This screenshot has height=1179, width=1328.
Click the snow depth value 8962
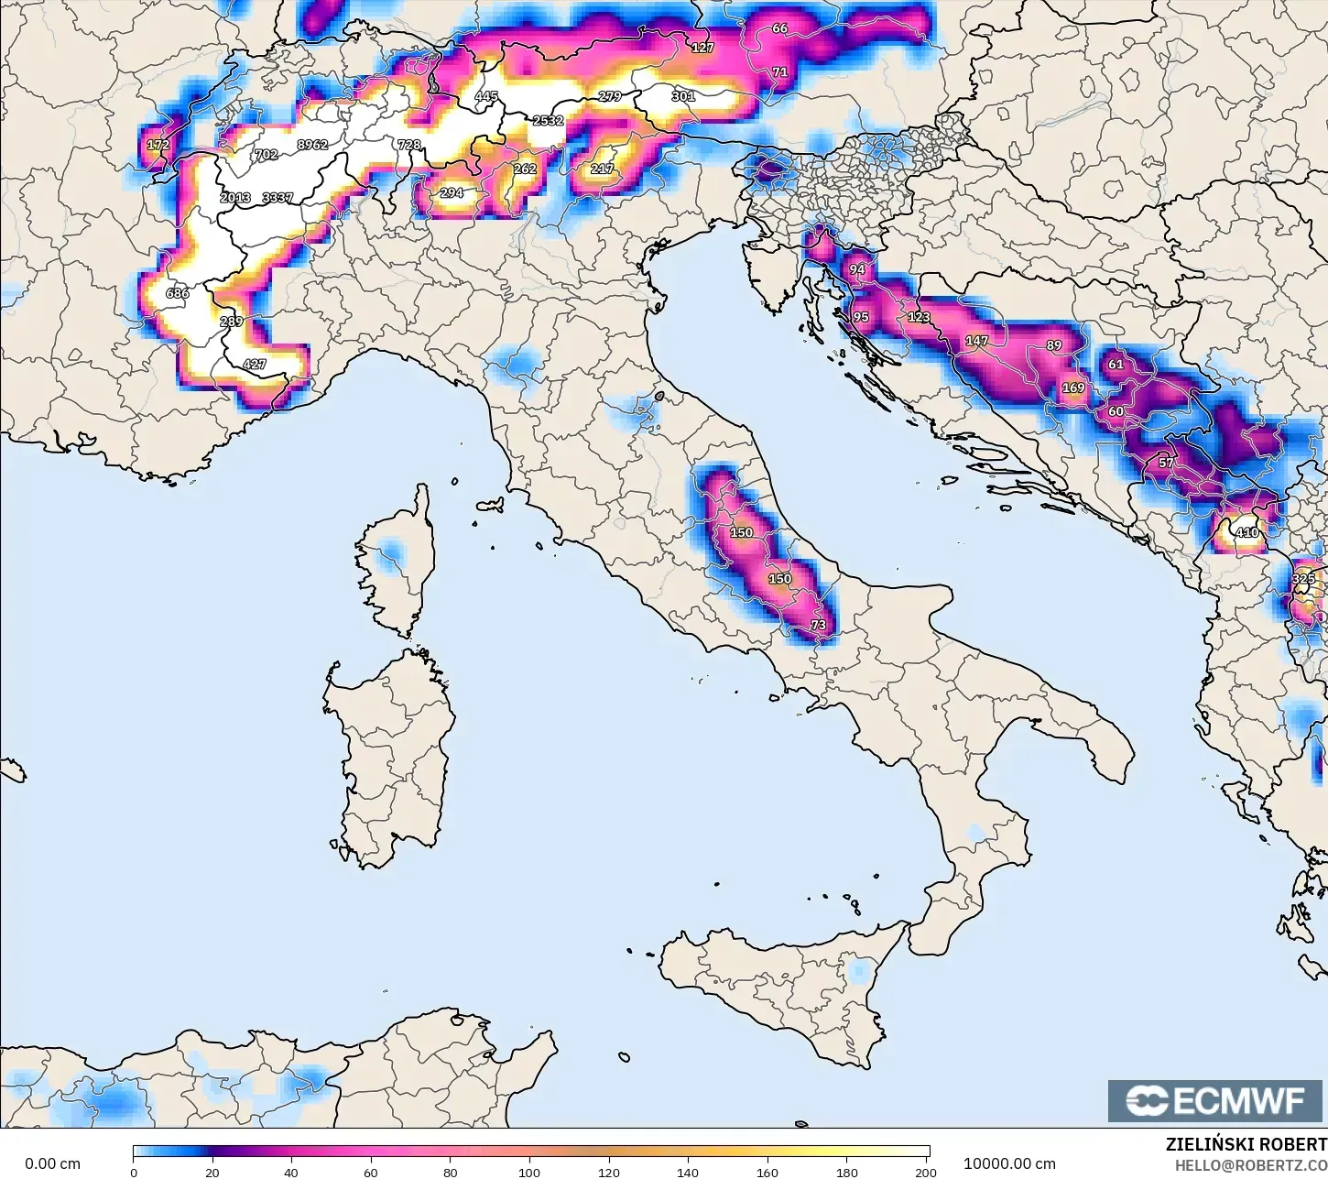click(312, 145)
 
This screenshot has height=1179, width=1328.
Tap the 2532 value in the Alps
click(548, 121)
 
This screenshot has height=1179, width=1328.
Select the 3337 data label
click(278, 198)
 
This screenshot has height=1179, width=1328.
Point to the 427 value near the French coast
click(254, 365)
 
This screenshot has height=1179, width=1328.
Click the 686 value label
click(177, 294)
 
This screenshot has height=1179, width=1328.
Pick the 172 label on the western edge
click(158, 146)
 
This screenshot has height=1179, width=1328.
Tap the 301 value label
click(683, 96)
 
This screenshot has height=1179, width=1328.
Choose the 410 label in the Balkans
click(1246, 533)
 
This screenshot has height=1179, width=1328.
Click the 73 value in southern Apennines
click(818, 626)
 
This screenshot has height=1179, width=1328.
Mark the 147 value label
click(976, 341)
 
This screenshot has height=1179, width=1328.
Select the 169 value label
click(1072, 388)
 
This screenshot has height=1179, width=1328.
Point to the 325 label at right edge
click(1303, 579)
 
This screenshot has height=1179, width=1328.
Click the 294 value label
click(452, 193)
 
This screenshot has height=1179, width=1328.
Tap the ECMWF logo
click(1216, 1100)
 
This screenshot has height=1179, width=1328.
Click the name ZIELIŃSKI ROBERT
click(1246, 1145)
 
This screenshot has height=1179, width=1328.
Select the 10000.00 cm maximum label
click(1009, 1164)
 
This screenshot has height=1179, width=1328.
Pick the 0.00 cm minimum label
click(52, 1164)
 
